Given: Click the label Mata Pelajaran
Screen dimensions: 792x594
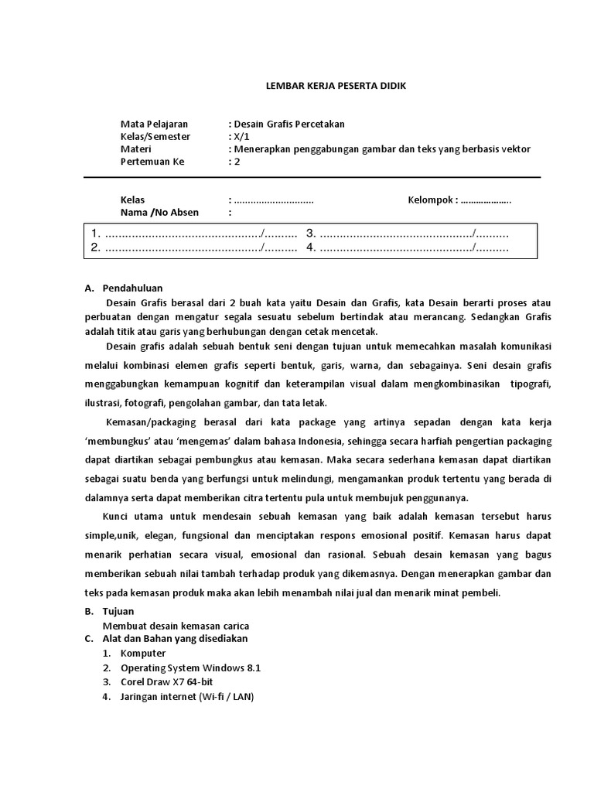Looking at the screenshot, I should (x=154, y=124).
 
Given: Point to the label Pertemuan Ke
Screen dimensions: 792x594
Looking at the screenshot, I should (x=152, y=162).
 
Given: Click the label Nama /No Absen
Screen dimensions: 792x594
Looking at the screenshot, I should (x=159, y=213).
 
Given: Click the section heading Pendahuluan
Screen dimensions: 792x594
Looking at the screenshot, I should (x=132, y=288).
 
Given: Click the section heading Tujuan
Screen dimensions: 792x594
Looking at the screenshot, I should (x=118, y=611).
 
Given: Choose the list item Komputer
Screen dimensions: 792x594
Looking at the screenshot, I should (x=143, y=653).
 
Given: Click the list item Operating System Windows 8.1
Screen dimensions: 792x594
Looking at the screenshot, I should (x=196, y=667).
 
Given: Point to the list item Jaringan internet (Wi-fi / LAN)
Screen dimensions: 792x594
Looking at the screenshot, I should (x=187, y=696).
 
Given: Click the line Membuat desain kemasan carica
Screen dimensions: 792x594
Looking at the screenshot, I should (x=176, y=625).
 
